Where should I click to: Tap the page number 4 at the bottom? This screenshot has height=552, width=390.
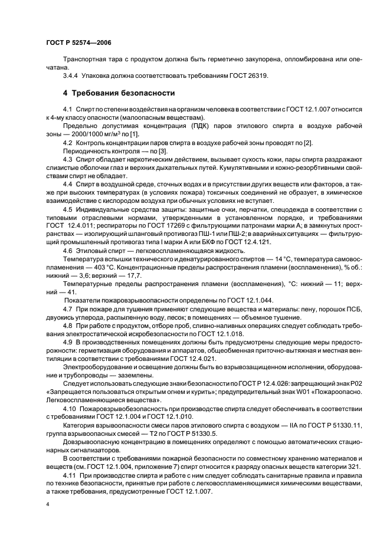point(48,504)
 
